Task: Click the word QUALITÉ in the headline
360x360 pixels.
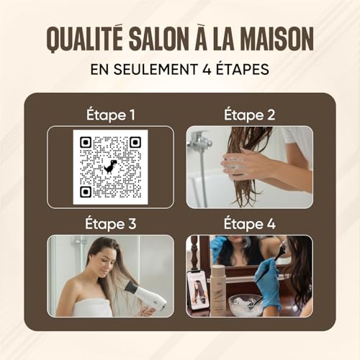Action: tap(85, 38)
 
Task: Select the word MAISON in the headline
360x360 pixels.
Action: tap(277, 39)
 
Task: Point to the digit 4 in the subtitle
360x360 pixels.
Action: tap(207, 69)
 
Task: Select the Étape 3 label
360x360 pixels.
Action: tap(111, 223)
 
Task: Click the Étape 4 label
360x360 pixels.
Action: tap(250, 223)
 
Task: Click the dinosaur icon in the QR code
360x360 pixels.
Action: tap(110, 166)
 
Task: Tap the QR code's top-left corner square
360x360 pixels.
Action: tap(86, 143)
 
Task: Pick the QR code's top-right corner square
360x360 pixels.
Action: tap(135, 143)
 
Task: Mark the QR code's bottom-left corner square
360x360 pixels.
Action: tap(86, 192)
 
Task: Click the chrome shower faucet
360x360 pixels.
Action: tap(199, 140)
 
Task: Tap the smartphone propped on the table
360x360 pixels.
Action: tap(198, 290)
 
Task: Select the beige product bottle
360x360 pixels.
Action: tap(218, 289)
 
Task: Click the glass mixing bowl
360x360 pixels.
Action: tap(246, 305)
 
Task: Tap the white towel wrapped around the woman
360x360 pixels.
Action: tap(92, 307)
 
